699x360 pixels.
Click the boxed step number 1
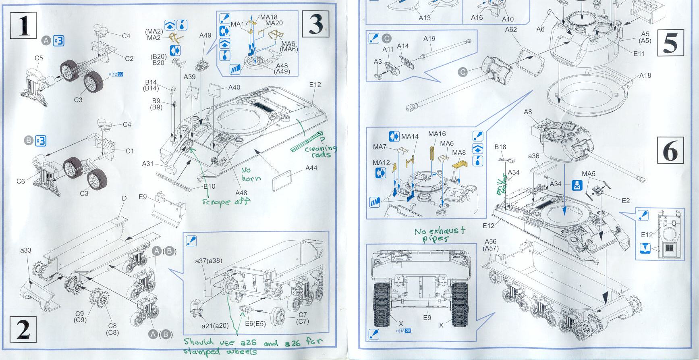(x=23, y=25)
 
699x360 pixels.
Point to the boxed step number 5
(x=670, y=43)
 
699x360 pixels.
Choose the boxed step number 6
(x=670, y=150)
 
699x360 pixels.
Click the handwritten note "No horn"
(x=251, y=174)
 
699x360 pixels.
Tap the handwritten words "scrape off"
(x=226, y=201)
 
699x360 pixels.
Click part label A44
(x=311, y=168)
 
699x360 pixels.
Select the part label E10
(x=209, y=187)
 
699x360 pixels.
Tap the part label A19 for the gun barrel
(x=429, y=39)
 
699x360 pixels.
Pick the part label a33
(x=26, y=250)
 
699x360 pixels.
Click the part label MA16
(x=437, y=134)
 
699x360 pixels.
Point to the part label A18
(x=645, y=75)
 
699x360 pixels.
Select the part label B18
(x=500, y=147)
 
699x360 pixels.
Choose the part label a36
(x=533, y=156)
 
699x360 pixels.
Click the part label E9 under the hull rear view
(x=427, y=318)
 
